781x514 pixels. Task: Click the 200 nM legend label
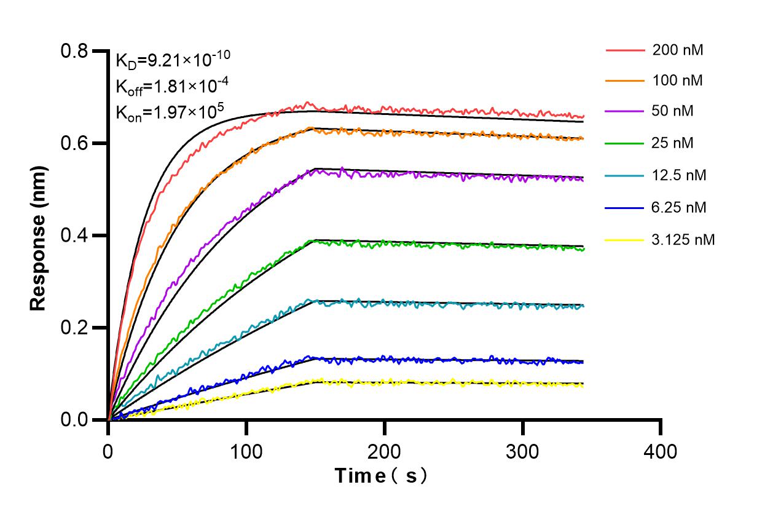pyautogui.click(x=678, y=50)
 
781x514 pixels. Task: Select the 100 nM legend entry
pyautogui.click(x=678, y=81)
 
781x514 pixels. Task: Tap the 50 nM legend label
pyautogui.click(x=673, y=112)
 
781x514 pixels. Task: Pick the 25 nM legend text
pyautogui.click(x=673, y=143)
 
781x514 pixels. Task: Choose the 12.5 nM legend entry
pyautogui.click(x=679, y=176)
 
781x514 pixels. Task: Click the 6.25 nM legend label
pyautogui.click(x=679, y=208)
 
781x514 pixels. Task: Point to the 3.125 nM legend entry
pyautogui.click(x=683, y=240)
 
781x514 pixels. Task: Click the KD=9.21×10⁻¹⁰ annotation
pyautogui.click(x=173, y=59)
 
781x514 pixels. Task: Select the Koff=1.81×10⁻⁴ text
pyautogui.click(x=165, y=85)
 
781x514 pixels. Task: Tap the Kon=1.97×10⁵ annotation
pyautogui.click(x=170, y=112)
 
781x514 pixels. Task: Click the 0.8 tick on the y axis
pyautogui.click(x=75, y=51)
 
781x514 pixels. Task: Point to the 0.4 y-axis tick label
pyautogui.click(x=75, y=235)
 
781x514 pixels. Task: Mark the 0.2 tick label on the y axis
pyautogui.click(x=75, y=328)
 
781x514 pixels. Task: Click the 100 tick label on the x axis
pyautogui.click(x=246, y=452)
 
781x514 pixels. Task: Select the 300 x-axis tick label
pyautogui.click(x=522, y=452)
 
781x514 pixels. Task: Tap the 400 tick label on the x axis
pyautogui.click(x=661, y=452)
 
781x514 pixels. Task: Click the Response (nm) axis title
pyautogui.click(x=39, y=235)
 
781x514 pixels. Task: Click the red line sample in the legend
pyautogui.click(x=624, y=50)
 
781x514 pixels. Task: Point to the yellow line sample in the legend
pyautogui.click(x=624, y=240)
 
